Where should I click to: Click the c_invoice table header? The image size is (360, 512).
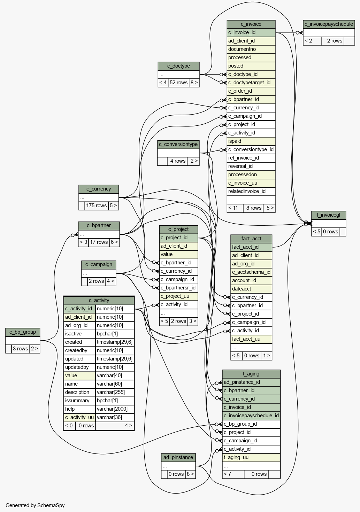coord(251,24)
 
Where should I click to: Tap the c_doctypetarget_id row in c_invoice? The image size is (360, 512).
coord(251,83)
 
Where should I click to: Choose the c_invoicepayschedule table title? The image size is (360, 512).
coord(329,24)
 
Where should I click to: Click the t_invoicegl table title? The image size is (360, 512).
coord(328,215)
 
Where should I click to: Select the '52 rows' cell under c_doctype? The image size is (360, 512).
coord(178,83)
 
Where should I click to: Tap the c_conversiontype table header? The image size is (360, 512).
coord(178,145)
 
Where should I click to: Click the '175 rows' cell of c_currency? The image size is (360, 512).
coord(96,205)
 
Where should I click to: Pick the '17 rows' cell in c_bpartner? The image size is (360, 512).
coord(99,242)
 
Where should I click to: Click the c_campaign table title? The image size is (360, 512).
coord(99,265)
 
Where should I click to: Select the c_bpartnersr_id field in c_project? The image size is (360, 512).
coord(178,288)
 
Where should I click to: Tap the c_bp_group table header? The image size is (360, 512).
coord(23,332)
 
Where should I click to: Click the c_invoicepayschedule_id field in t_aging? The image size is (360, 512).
coord(251,416)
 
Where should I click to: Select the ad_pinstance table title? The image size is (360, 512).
coord(178,457)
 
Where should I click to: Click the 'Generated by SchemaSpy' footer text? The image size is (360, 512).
coord(35,505)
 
